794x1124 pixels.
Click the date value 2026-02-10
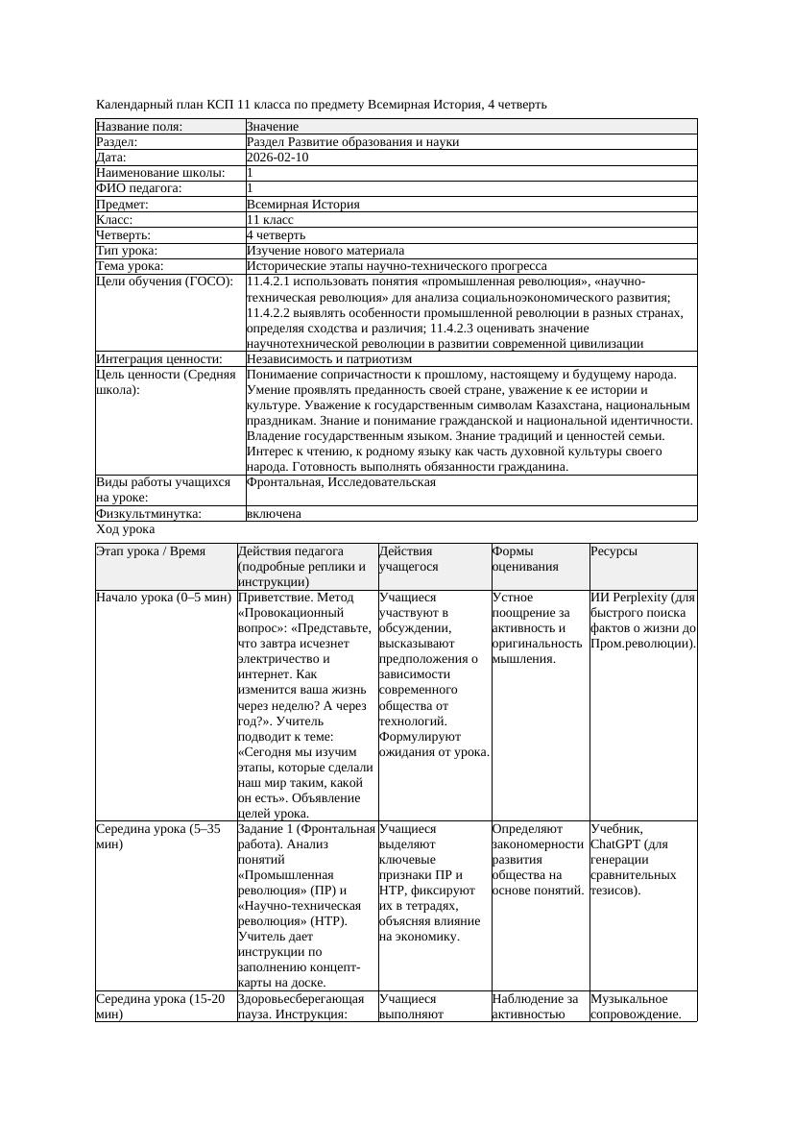click(277, 158)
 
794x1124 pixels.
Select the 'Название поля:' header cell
click(139, 127)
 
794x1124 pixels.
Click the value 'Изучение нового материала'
click(325, 251)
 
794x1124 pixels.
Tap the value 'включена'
click(274, 514)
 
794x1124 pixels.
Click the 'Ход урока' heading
click(125, 529)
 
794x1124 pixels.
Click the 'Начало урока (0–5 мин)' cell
click(163, 598)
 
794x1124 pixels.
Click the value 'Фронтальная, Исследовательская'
click(341, 482)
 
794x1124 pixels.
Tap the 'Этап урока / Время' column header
click(151, 551)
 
